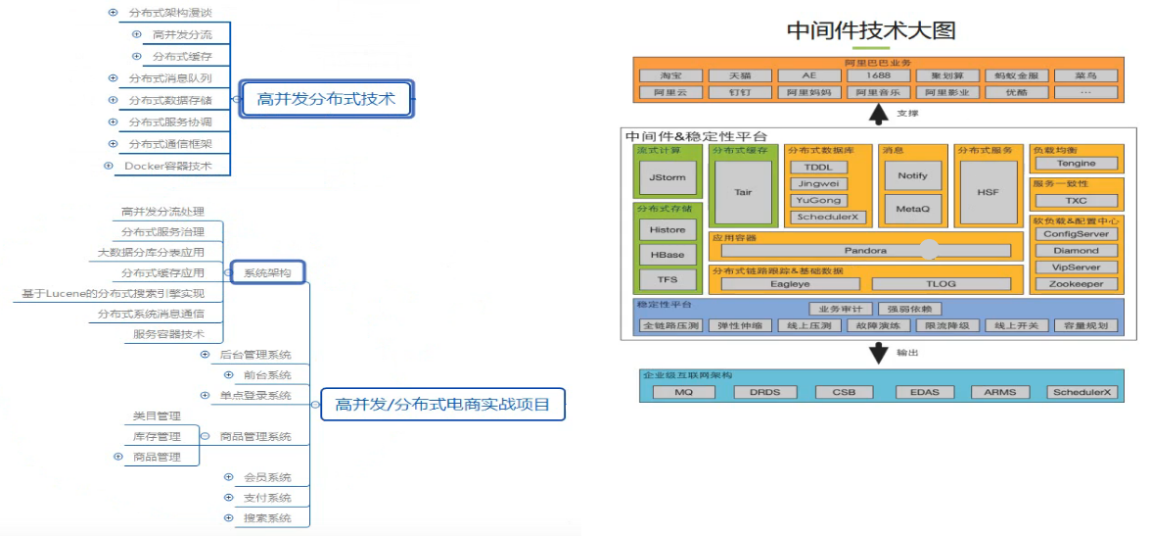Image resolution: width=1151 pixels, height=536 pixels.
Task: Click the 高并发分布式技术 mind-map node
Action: coord(326,99)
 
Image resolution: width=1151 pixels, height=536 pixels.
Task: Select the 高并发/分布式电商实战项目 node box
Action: coord(442,404)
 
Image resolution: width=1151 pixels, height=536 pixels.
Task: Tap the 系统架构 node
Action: coord(267,272)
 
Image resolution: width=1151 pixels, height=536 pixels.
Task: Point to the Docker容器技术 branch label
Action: coord(167,166)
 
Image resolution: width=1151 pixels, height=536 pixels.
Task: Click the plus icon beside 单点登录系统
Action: coord(204,395)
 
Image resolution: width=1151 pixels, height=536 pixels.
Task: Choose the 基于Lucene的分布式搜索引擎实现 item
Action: coord(114,293)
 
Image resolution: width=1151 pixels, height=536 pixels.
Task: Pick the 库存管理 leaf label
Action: coord(157,436)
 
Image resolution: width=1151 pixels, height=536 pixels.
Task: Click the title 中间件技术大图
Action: coord(870,30)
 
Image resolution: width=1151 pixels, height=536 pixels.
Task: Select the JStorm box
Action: coord(668,177)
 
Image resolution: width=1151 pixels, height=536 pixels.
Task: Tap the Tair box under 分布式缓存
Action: coord(743,192)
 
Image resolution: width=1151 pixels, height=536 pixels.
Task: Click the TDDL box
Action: coord(818,167)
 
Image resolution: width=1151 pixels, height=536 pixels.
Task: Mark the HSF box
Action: coord(988,192)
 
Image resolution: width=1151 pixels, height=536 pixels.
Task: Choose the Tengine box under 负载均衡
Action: coord(1076,164)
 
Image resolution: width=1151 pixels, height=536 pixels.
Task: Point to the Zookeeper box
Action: coord(1076,284)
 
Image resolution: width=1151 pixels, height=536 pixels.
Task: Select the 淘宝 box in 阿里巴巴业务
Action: coord(670,75)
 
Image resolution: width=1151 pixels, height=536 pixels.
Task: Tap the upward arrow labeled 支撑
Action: coord(878,114)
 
